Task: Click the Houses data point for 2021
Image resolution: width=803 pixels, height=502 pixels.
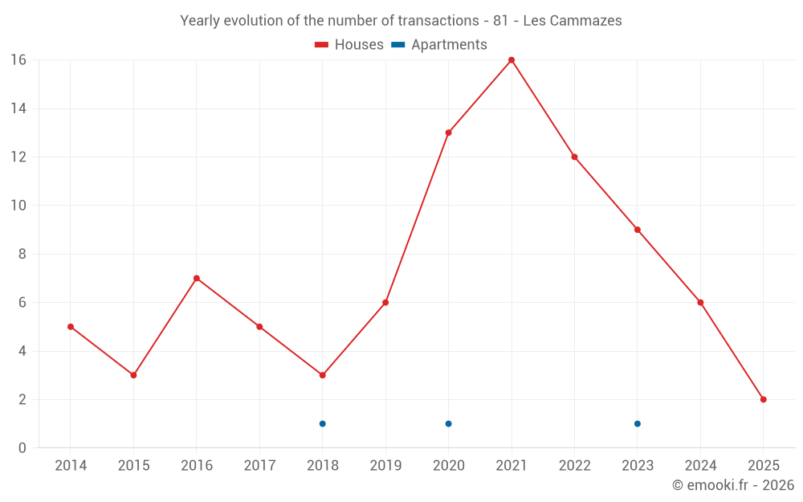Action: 511,60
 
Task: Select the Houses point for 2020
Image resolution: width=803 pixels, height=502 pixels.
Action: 448,133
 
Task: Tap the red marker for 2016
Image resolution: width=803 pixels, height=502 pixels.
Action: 196,278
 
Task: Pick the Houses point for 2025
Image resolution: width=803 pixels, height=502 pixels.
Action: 763,399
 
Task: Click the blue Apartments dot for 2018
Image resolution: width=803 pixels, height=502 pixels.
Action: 322,423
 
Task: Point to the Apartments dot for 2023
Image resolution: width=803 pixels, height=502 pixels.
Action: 637,423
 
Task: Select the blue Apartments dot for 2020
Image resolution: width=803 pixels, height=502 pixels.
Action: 448,423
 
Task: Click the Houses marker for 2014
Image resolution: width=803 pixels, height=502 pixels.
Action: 71,327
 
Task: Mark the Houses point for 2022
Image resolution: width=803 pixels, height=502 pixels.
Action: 574,157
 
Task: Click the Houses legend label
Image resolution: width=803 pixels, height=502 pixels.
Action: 359,45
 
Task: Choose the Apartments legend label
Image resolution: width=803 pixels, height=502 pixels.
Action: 449,45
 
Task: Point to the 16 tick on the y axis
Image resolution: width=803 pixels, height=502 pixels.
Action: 18,60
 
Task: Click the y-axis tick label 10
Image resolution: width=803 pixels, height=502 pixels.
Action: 18,206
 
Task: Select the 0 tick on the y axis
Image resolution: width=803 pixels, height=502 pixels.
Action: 22,448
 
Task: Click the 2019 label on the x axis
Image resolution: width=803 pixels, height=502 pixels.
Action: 385,466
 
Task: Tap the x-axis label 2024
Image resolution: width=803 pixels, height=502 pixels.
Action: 700,466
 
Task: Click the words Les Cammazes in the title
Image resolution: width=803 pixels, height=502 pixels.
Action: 573,21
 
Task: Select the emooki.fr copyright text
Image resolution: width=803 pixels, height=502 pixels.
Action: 733,485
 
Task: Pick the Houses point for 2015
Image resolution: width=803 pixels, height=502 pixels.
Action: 133,375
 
